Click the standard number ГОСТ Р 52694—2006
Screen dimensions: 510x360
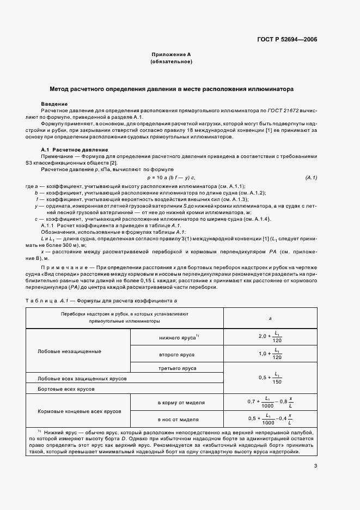pos(287,39)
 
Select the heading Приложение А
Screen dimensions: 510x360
pos(171,55)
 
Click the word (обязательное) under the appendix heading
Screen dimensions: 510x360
pos(171,62)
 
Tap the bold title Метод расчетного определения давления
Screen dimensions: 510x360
pos(172,88)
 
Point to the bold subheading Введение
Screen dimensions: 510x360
pos(54,104)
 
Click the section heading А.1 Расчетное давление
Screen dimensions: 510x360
pos(75,149)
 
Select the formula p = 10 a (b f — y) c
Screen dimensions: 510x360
pos(171,178)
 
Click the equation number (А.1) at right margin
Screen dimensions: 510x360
pos(311,178)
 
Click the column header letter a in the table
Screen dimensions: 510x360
pos(270,319)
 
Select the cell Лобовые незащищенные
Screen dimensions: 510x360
pos(62,351)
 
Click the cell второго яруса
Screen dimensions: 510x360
pos(176,355)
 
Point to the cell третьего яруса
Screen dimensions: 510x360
pos(176,369)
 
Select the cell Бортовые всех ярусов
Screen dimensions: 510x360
pos(66,390)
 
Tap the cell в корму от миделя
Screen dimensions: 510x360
pos(181,402)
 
